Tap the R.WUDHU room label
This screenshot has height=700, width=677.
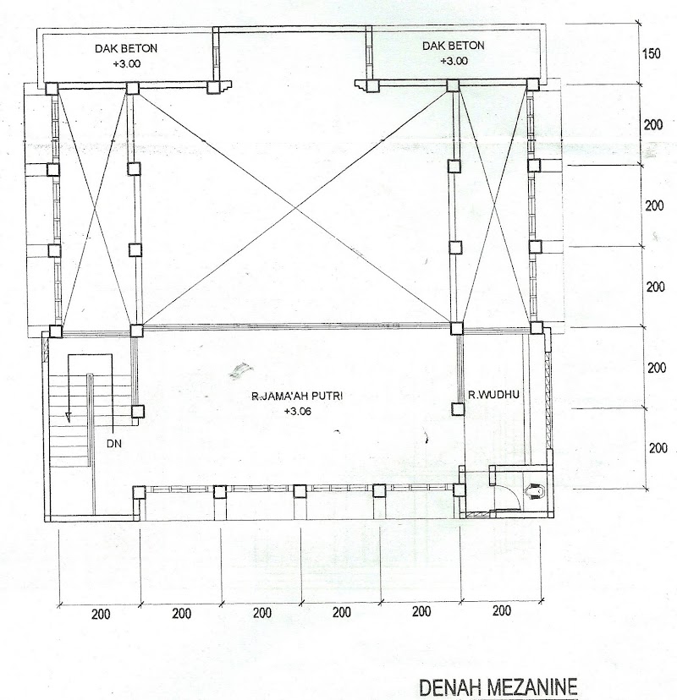(493, 395)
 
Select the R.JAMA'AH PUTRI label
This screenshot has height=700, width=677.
(297, 396)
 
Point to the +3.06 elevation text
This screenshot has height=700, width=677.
(298, 412)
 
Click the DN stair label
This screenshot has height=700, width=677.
(114, 444)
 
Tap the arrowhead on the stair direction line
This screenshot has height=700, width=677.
(68, 417)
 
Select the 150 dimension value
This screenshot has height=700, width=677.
(651, 54)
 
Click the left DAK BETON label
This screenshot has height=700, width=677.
(126, 48)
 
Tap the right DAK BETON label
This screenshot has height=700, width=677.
(453, 46)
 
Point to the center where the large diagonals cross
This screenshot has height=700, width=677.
(295, 208)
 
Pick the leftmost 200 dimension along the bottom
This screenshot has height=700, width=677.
(101, 615)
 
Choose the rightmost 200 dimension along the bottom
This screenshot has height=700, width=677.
(502, 610)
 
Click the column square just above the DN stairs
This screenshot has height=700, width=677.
(136, 331)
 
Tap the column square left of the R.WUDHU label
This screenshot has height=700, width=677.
(457, 409)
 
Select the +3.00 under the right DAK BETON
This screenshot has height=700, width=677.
(454, 61)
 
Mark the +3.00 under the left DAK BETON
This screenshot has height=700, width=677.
(126, 63)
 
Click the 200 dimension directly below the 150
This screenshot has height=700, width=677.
(653, 125)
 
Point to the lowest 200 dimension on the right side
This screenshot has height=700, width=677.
(658, 448)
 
